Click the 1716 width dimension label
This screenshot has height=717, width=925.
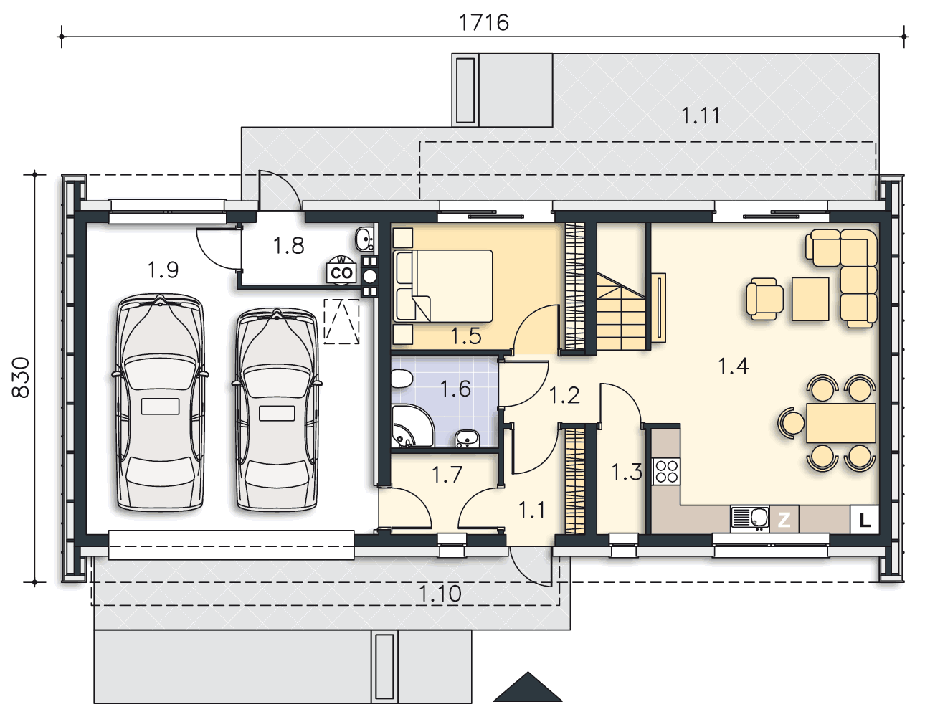click(x=483, y=22)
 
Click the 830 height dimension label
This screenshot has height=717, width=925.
click(x=21, y=377)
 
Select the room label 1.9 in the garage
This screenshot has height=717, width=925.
click(x=163, y=270)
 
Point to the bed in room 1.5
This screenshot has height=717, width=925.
click(x=443, y=285)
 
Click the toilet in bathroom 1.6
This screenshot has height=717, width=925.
click(x=402, y=379)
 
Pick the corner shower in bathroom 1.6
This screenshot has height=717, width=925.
click(x=412, y=427)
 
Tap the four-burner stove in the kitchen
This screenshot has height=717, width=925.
click(x=667, y=472)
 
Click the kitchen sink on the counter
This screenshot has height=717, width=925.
click(x=750, y=518)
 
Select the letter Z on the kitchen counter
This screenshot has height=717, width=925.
click(x=784, y=520)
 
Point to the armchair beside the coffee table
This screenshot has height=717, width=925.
click(x=765, y=299)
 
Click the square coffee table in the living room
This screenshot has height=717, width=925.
click(x=810, y=299)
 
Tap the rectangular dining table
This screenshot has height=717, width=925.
click(x=841, y=424)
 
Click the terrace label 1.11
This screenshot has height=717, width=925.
click(x=701, y=115)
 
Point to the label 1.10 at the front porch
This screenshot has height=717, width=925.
click(x=440, y=594)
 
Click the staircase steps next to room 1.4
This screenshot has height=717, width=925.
click(x=622, y=311)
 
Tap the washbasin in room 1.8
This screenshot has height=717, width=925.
click(x=365, y=239)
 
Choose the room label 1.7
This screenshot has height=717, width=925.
click(x=447, y=475)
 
